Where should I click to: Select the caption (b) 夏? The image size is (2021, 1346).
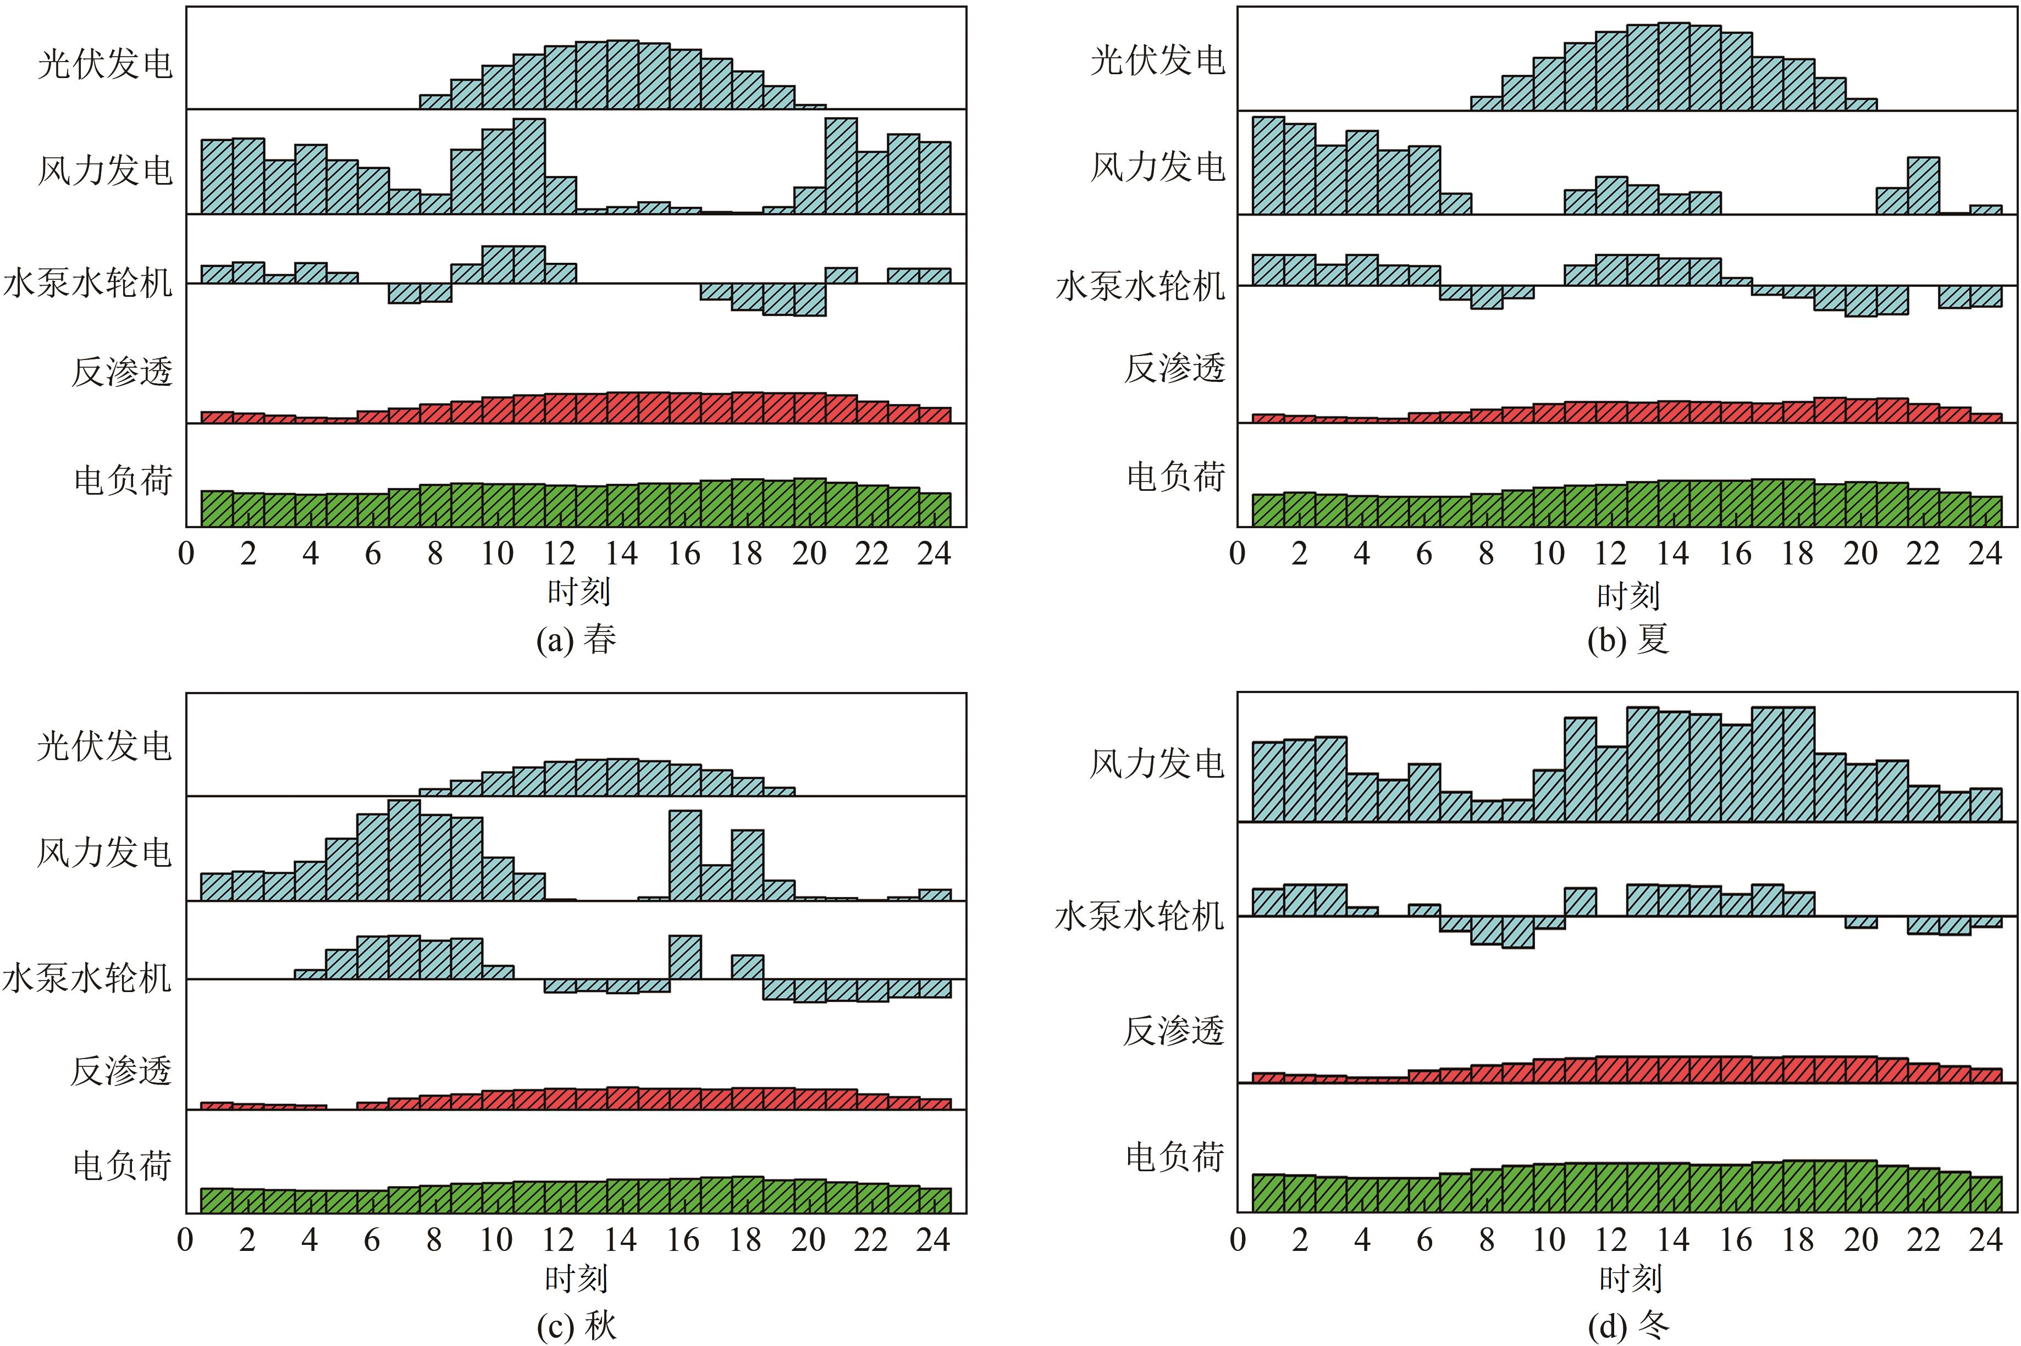coord(1628,640)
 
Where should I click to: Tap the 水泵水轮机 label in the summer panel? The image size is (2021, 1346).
coord(1139,286)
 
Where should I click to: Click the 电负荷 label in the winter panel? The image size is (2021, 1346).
coord(1174,1157)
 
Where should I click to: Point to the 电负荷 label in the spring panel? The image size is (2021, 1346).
coord(123,480)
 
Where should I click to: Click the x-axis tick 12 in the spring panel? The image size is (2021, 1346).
coord(559,553)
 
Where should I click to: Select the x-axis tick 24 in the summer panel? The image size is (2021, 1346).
coord(1985,553)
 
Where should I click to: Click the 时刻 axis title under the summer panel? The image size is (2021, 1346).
coord(1628,594)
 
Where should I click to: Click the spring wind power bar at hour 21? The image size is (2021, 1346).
coord(841,165)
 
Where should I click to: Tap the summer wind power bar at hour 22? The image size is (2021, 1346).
coord(1923,185)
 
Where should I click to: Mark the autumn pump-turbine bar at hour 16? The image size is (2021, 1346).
coord(685,957)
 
